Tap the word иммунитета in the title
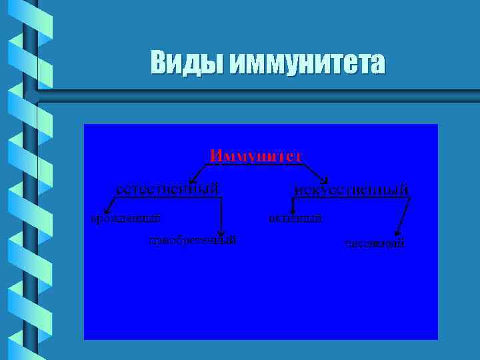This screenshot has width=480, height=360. point(307,63)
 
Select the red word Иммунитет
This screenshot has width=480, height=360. point(256,155)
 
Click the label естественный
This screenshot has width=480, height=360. point(167,189)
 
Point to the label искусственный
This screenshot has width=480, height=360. point(351,189)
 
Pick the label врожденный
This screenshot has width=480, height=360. point(126,217)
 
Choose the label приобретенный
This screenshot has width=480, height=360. point(193,239)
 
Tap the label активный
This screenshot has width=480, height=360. point(295,217)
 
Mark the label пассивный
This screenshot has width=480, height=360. point(375,243)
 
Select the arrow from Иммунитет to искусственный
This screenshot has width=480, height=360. point(313,171)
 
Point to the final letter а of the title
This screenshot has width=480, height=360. point(378,65)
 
